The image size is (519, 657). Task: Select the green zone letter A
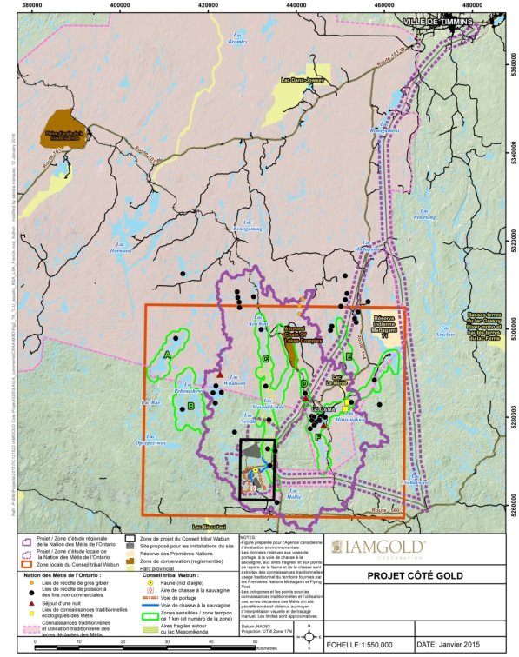[x=166, y=355]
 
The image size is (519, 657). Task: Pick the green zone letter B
[x=190, y=405]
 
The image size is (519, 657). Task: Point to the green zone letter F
[x=318, y=437]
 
